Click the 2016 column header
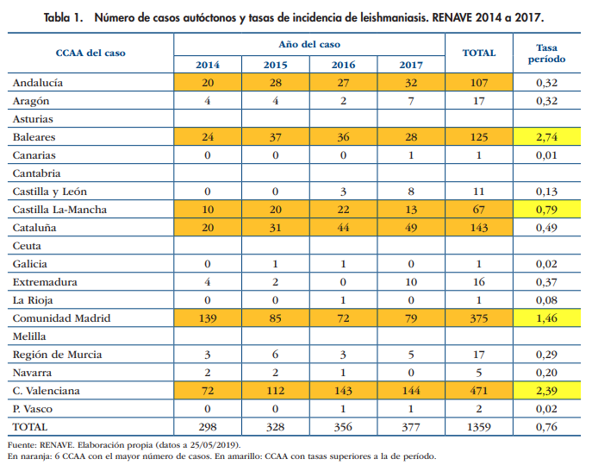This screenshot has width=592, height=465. (x=344, y=65)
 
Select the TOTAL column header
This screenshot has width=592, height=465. (x=478, y=53)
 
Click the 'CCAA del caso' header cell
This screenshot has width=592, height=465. (x=90, y=53)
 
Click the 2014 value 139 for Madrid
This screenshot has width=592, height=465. (x=208, y=317)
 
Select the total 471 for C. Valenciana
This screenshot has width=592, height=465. (x=478, y=390)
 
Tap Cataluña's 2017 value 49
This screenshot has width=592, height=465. (x=412, y=227)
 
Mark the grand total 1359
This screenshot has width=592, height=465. (x=478, y=426)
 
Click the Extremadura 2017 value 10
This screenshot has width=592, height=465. (x=412, y=281)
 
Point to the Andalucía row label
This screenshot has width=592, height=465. (x=40, y=83)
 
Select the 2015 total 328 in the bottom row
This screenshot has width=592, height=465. (x=276, y=426)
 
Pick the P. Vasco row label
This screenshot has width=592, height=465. (x=35, y=408)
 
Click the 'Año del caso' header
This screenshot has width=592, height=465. (x=309, y=43)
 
